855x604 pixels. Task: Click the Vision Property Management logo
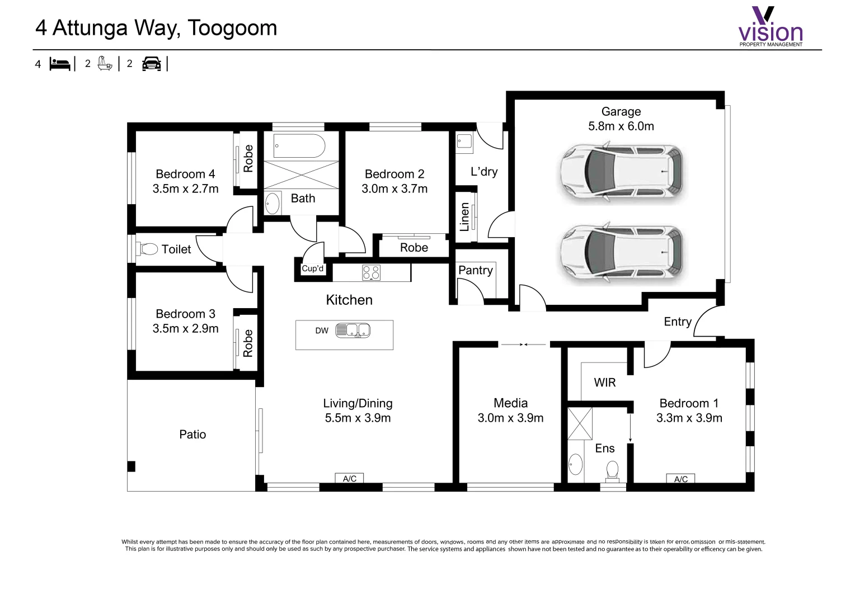tap(771, 27)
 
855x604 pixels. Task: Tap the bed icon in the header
tap(60, 64)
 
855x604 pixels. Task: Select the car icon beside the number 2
tap(151, 64)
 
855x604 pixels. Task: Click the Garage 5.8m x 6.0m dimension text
tap(621, 126)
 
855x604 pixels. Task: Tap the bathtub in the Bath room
tap(299, 147)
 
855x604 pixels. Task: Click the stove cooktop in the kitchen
tap(371, 272)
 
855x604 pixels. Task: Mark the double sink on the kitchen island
tap(353, 331)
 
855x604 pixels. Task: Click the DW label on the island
tap(322, 331)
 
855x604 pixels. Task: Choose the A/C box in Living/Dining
tap(350, 479)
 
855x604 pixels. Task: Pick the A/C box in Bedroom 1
tap(680, 479)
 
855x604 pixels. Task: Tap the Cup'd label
tap(312, 268)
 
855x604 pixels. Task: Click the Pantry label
tap(475, 270)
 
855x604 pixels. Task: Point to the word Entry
tap(677, 322)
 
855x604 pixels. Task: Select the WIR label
tap(604, 383)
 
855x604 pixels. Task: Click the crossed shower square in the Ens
tap(580, 424)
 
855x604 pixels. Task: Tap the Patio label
tap(192, 435)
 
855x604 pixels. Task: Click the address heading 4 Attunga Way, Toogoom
tap(156, 28)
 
